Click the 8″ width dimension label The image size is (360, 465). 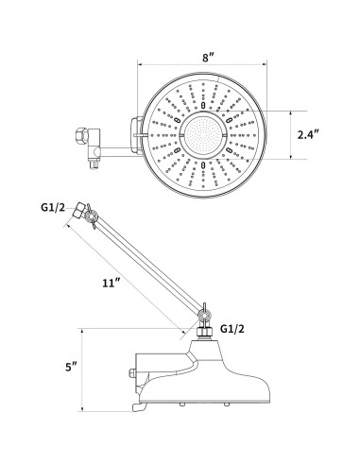[208, 58]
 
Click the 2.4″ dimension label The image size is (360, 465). [309, 135]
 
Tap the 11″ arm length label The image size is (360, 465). [111, 283]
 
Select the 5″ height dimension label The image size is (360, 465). [71, 367]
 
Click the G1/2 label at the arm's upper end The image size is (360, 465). [53, 207]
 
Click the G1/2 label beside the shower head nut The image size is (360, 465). [232, 329]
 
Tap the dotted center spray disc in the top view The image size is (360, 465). [203, 135]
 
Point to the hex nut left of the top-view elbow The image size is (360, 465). [81, 136]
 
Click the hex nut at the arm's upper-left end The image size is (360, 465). [78, 211]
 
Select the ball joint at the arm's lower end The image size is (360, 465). [204, 315]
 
